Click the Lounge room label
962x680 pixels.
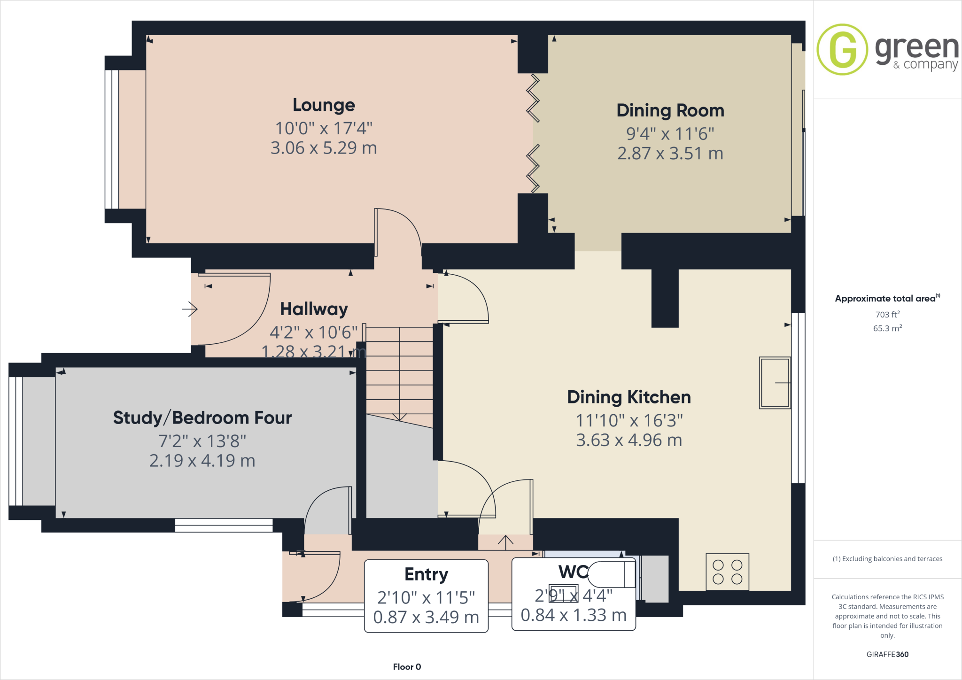coord(324,105)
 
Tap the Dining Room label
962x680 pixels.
coord(670,111)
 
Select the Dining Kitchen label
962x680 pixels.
coord(628,397)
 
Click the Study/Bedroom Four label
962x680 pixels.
coord(202,418)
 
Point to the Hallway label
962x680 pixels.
coord(314,309)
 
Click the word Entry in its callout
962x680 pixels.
coord(426,574)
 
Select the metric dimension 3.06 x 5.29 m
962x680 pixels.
coord(324,148)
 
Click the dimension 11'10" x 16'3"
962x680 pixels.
coord(629,421)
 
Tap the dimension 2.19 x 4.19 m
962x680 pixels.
coord(202,461)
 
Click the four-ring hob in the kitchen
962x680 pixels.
coord(727,572)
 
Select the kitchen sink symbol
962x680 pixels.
coord(775,383)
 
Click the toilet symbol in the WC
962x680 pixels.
coord(611,574)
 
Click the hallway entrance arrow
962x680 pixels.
coord(190,309)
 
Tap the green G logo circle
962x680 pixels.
coord(842,49)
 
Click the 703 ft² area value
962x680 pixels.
coord(887,314)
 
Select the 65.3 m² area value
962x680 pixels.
coord(887,328)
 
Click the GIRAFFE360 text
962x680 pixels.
coord(887,654)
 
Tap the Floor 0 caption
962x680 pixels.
coord(407,667)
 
